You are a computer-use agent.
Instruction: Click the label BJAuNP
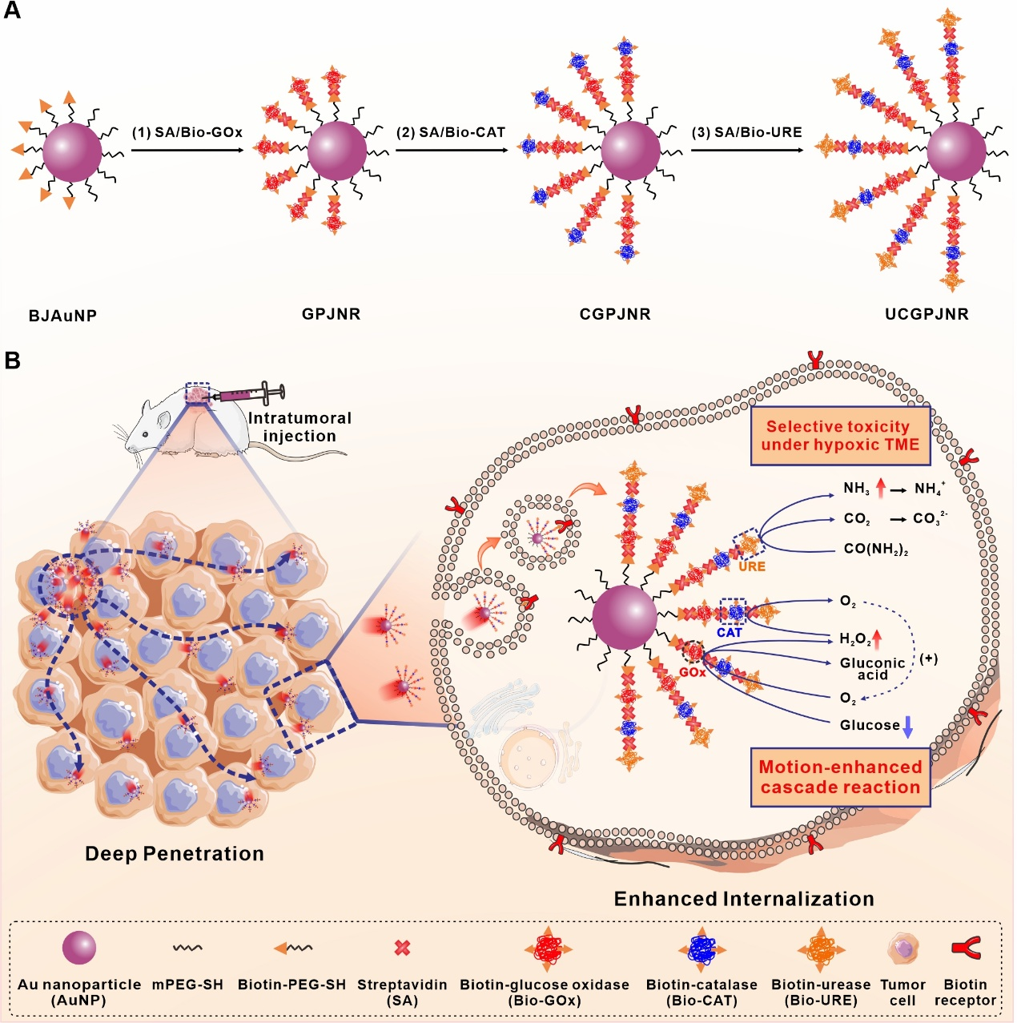62,316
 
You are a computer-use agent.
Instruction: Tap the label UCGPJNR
927,314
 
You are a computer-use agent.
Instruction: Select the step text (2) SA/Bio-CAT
451,132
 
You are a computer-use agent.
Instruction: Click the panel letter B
12,360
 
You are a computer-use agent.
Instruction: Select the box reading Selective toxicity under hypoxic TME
840,436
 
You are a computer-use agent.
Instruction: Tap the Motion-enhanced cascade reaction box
840,777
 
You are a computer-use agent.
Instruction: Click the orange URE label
751,566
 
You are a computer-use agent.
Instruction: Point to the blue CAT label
730,632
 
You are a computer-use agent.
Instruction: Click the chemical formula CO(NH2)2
875,550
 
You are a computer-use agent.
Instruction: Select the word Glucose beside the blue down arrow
870,725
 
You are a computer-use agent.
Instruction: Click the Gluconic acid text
873,669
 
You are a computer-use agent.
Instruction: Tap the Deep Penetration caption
175,854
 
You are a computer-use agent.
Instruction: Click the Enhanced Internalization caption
744,899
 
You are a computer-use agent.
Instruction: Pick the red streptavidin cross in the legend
403,948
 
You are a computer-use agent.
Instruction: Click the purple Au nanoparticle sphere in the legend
79,948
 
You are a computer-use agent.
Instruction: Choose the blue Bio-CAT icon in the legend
702,949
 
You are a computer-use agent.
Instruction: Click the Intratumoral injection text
299,427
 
